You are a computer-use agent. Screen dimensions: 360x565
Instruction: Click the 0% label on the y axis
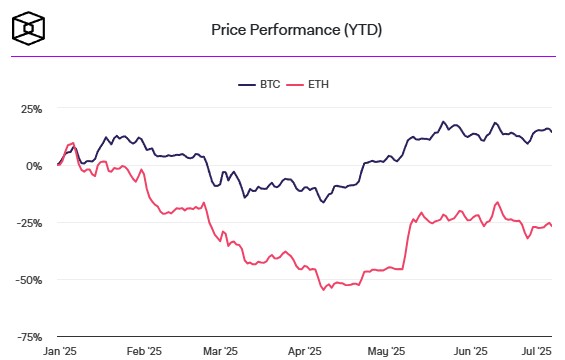(x=35, y=165)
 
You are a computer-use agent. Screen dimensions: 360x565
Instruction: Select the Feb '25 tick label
(x=144, y=351)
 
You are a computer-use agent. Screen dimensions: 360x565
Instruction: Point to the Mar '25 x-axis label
(x=221, y=351)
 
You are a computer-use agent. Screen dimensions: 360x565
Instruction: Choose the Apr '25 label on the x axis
(x=305, y=351)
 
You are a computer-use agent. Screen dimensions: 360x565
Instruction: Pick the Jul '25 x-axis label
(x=537, y=351)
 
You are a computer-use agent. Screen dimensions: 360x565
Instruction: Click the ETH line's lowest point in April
(x=323, y=290)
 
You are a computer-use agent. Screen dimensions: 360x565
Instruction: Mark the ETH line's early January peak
(x=73, y=143)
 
